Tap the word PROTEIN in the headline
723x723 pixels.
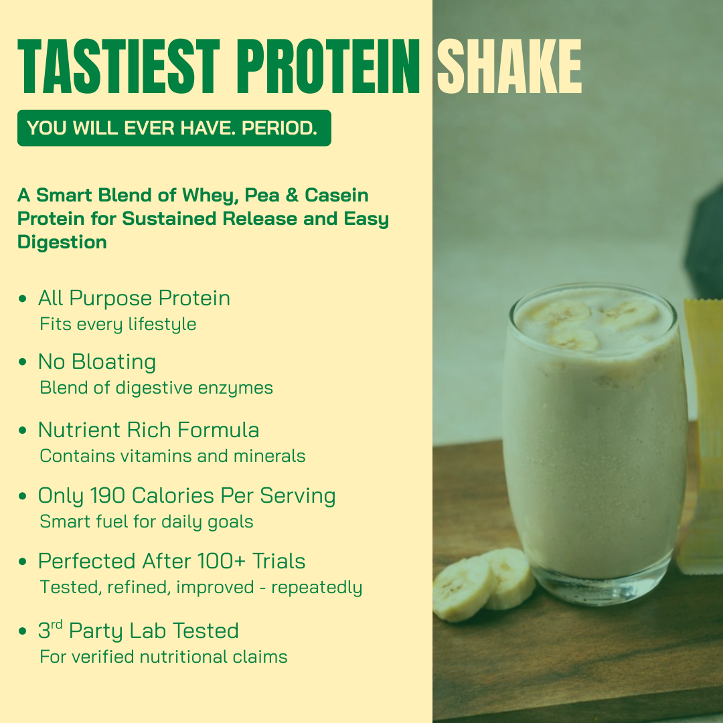[329, 68]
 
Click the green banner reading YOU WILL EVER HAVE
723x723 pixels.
[174, 128]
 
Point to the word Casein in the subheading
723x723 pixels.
[337, 195]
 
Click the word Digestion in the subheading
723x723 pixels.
[62, 242]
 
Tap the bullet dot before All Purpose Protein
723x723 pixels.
[23, 299]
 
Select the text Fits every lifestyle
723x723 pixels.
[118, 325]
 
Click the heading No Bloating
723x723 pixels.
[97, 362]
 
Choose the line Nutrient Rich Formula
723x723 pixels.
[149, 430]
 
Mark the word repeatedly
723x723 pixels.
[317, 588]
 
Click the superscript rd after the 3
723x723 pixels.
[58, 625]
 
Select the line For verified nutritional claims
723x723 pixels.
[163, 657]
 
